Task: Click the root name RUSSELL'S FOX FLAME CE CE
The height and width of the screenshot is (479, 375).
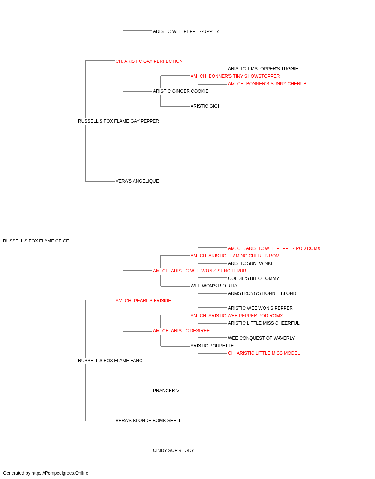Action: tap(36, 241)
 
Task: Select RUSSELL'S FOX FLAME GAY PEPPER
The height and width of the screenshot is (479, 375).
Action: tap(118, 121)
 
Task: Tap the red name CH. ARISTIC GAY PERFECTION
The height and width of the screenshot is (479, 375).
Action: tap(149, 61)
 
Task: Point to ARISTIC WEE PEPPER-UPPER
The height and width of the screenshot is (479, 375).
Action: tap(186, 31)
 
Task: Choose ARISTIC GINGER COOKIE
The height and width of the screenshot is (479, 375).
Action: tap(181, 91)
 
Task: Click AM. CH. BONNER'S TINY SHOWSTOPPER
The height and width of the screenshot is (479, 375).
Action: tap(235, 76)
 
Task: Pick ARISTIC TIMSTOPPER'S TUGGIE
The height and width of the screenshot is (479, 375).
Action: tap(263, 69)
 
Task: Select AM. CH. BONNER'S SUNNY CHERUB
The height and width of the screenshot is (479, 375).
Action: tap(267, 84)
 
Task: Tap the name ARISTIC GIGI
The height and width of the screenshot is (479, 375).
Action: tap(205, 106)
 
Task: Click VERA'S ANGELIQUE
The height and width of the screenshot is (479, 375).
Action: tap(137, 181)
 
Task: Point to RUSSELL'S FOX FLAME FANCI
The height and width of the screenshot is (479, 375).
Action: tap(111, 361)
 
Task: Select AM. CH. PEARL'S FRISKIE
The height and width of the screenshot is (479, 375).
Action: tap(143, 301)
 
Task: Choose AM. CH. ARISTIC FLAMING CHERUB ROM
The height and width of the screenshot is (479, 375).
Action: tap(235, 256)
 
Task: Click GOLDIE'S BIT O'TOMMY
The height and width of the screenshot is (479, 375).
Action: tap(253, 278)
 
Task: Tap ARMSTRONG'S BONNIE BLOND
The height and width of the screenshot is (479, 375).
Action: tap(262, 293)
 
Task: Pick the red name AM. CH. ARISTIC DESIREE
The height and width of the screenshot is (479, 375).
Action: tap(181, 331)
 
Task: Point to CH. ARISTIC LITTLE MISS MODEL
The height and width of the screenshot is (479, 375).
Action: tap(264, 353)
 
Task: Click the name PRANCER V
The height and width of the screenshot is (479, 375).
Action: tap(166, 391)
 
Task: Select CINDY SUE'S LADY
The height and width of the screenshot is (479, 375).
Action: tap(174, 450)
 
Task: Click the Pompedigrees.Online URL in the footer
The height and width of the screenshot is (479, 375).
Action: tap(60, 473)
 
